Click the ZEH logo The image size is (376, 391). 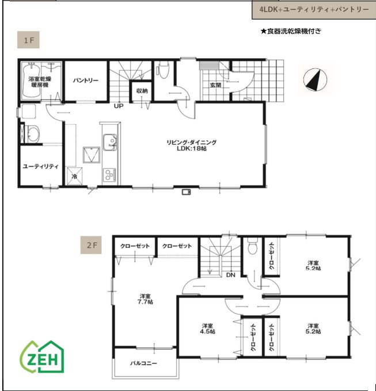tap(42, 357)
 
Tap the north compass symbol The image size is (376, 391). tap(315, 79)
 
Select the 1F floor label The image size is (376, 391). tap(28, 40)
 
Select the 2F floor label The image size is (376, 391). tap(91, 245)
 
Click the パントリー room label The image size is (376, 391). tap(86, 80)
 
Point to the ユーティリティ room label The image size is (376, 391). tap(41, 166)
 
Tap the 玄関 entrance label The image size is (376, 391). tap(215, 85)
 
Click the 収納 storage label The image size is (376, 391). tap(142, 91)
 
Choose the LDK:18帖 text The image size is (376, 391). tap(192, 148)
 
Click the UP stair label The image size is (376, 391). tap(119, 106)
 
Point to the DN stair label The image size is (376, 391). tap(231, 275)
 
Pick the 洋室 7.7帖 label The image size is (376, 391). tap(145, 299)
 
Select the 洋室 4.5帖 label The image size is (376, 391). tap(207, 329)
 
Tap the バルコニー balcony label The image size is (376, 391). tap(143, 363)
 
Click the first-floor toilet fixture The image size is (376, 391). tap(163, 70)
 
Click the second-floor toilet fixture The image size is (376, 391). tap(253, 246)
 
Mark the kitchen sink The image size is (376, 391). tap(109, 143)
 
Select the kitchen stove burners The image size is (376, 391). tap(109, 174)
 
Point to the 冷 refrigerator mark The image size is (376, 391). tap(74, 177)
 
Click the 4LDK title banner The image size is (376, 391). tap(314, 10)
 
